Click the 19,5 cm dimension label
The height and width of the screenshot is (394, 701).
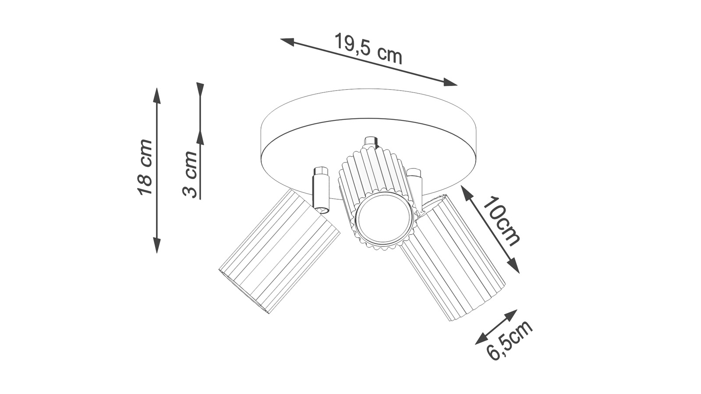368,49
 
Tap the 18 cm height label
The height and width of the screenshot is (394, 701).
145,167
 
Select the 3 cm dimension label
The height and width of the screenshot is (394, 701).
190,174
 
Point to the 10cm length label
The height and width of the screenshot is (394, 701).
501,221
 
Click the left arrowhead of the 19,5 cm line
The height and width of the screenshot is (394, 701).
287,42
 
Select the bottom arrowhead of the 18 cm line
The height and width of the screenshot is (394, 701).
157,245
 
